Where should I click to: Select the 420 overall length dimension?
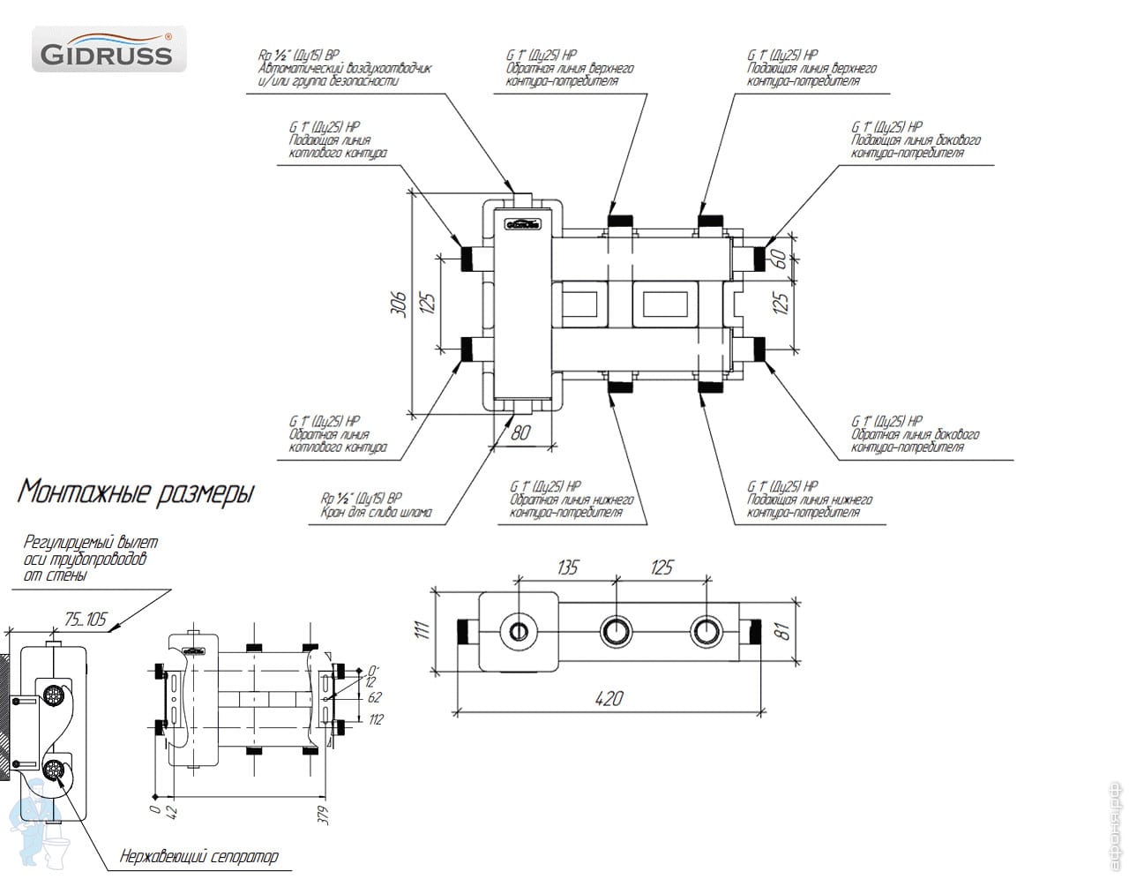tap(609, 698)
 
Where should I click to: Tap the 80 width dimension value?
tap(522, 432)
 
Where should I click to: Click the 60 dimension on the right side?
tap(779, 259)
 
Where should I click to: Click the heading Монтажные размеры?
tap(136, 492)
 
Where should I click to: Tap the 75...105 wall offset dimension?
tap(86, 620)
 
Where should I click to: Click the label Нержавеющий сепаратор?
tap(198, 855)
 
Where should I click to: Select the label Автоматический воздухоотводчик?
tap(344, 69)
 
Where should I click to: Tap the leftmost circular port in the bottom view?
tap(517, 631)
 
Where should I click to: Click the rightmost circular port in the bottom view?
tap(706, 631)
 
